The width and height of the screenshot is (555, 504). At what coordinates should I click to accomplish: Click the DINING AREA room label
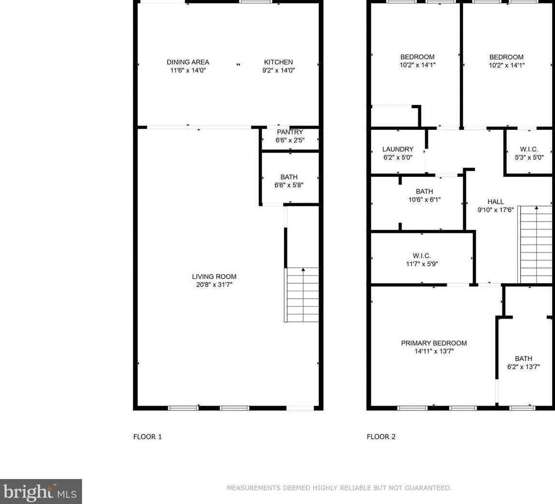188,62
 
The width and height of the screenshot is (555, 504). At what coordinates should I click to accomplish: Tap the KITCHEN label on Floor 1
279,62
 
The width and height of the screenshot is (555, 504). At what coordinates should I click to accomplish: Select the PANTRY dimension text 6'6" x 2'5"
290,140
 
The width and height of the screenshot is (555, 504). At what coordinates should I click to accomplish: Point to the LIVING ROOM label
214,277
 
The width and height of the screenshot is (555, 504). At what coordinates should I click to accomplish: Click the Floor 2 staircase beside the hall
535,244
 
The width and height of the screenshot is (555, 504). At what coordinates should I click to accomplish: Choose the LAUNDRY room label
398,149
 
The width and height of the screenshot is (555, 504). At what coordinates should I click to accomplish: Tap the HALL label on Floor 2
496,202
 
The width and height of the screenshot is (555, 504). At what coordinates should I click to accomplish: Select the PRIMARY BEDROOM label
434,343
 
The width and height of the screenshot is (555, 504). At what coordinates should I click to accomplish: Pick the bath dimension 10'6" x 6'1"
425,199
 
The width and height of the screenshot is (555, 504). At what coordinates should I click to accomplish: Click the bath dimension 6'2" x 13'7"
524,367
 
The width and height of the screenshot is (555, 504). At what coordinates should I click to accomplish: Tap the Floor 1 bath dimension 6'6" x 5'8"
289,185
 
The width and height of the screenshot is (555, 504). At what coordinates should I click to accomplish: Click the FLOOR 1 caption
147,437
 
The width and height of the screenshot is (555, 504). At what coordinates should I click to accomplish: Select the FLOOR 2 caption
381,437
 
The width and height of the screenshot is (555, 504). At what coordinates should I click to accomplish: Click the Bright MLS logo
41,491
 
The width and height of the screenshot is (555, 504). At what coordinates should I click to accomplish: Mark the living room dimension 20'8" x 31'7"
214,285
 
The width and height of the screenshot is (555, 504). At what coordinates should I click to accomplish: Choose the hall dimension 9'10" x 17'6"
496,210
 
